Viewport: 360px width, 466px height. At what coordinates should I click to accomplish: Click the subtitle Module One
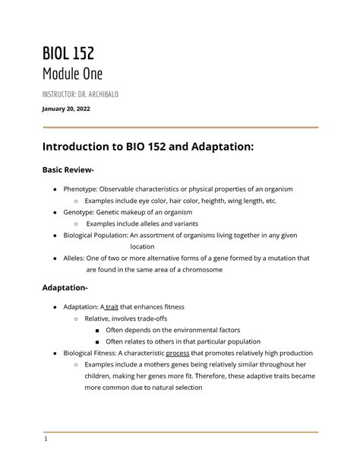tap(71, 74)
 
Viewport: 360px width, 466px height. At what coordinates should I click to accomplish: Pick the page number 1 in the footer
tap(46, 439)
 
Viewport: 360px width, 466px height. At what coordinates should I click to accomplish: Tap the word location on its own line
tap(142, 247)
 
